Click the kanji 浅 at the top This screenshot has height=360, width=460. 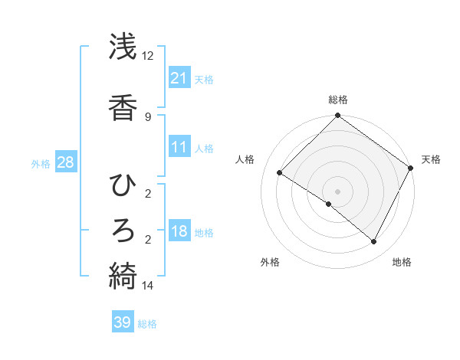pyautogui.click(x=123, y=47)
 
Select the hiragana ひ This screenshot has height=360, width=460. pyautogui.click(x=123, y=185)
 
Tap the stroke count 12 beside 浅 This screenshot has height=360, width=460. pyautogui.click(x=147, y=56)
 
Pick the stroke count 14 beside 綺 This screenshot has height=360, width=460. pyautogui.click(x=147, y=286)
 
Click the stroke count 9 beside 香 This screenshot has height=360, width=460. pyautogui.click(x=147, y=116)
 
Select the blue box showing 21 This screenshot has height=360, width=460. pyautogui.click(x=179, y=77)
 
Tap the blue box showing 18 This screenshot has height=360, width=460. pyautogui.click(x=179, y=231)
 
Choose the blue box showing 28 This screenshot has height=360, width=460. pyautogui.click(x=65, y=162)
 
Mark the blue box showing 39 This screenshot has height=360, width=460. pyautogui.click(x=123, y=322)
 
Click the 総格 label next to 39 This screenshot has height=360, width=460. pyautogui.click(x=147, y=324)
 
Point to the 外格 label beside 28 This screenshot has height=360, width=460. pyautogui.click(x=41, y=163)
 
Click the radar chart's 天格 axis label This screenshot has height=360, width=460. pyautogui.click(x=431, y=159)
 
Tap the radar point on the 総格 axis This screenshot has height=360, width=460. pyautogui.click(x=337, y=116)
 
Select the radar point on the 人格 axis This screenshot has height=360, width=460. pyautogui.click(x=280, y=173)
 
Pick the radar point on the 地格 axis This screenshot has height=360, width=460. pyautogui.click(x=373, y=242)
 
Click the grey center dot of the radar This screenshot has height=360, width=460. pyautogui.click(x=337, y=191)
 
